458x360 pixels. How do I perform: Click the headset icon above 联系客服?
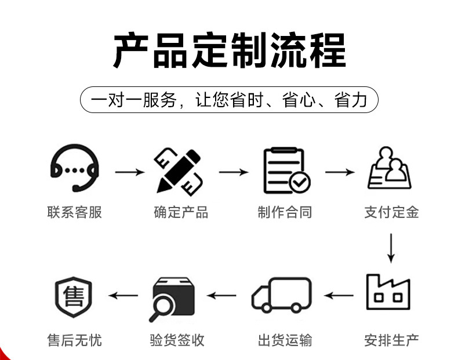coord(74,169)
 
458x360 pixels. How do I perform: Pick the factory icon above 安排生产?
coord(388,292)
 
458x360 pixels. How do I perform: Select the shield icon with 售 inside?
coord(74,297)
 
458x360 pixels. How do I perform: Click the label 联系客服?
coord(74,212)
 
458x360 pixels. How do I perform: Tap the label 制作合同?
coord(285,212)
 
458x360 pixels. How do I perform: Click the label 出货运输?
coord(285,340)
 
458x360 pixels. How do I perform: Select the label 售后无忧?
coord(74,340)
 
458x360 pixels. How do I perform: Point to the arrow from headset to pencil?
coord(129,172)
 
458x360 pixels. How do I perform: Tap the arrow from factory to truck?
coord(339,296)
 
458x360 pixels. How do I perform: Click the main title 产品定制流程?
coord(229,51)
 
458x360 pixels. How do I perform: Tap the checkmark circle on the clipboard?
coord(300,183)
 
